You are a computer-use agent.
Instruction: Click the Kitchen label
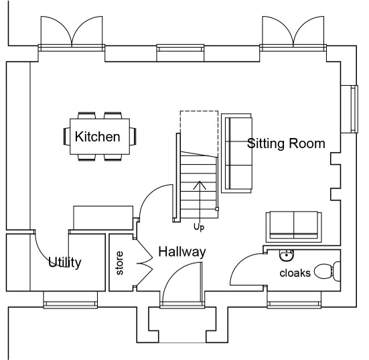pyautogui.click(x=97, y=137)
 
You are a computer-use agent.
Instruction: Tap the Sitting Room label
pyautogui.click(x=286, y=143)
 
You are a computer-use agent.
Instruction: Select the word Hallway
pyautogui.click(x=182, y=251)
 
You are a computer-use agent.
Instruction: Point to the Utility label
pyautogui.click(x=65, y=262)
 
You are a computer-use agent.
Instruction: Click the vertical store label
pyautogui.click(x=120, y=263)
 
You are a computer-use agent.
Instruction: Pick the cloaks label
pyautogui.click(x=295, y=273)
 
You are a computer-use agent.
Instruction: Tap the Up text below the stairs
pyautogui.click(x=199, y=227)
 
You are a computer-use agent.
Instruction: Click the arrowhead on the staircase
pyautogui.click(x=200, y=185)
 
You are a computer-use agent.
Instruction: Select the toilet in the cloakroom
pyautogui.click(x=327, y=272)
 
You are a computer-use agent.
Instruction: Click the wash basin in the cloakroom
pyautogui.click(x=287, y=255)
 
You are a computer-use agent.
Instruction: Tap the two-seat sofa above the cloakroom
pyautogui.click(x=294, y=227)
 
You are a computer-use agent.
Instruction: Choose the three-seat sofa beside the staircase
pyautogui.click(x=236, y=154)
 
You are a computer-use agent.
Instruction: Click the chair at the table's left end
pyautogui.click(x=66, y=136)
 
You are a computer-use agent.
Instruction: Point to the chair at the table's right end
pyautogui.click(x=133, y=136)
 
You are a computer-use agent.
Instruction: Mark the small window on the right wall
pyautogui.click(x=353, y=109)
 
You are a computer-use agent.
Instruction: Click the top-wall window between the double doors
pyautogui.click(x=180, y=49)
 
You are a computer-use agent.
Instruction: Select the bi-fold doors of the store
pyautogui.click(x=143, y=262)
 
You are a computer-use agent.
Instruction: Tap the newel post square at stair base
pyautogui.click(x=217, y=209)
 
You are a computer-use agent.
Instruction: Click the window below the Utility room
pyautogui.click(x=70, y=304)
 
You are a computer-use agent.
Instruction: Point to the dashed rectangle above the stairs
pyautogui.click(x=199, y=111)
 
